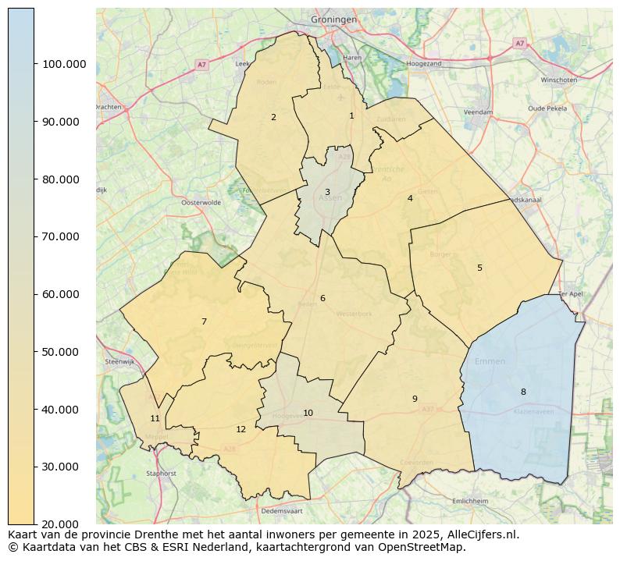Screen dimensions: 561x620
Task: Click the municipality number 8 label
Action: click(x=523, y=392)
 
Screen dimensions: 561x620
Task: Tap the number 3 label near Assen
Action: click(x=327, y=192)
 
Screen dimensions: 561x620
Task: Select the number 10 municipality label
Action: click(x=308, y=413)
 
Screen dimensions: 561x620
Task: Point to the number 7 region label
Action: click(x=204, y=321)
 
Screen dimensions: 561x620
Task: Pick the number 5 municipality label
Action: click(x=479, y=268)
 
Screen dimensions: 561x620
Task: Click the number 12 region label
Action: click(x=241, y=429)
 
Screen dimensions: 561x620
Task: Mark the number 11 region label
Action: click(x=155, y=418)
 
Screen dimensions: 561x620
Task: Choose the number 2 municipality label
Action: click(x=273, y=117)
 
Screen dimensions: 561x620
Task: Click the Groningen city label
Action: click(x=333, y=19)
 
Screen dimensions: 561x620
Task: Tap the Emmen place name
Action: click(x=490, y=361)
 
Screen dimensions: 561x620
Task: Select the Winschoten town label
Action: click(x=558, y=80)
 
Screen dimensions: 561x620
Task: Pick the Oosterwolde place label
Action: click(x=201, y=202)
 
